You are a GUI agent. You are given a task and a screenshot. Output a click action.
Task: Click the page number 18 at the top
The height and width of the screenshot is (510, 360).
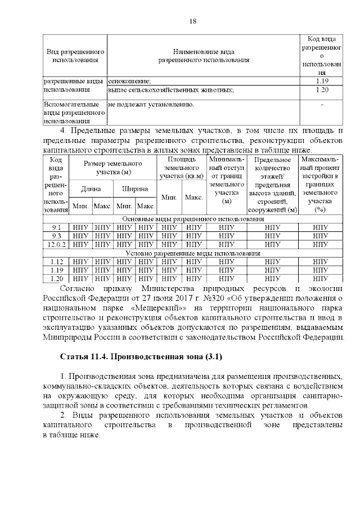tap(192, 21)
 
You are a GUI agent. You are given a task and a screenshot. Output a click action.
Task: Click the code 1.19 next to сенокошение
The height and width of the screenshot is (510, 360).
tap(322, 82)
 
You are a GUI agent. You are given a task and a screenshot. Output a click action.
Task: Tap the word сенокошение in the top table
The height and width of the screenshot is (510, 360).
tap(129, 82)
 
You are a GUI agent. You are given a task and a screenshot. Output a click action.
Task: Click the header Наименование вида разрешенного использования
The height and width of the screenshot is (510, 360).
tap(203, 55)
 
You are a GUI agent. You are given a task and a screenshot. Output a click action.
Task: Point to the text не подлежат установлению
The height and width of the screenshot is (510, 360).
tap(151, 105)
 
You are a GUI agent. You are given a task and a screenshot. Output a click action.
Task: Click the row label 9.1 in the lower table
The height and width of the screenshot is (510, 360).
tap(56, 227)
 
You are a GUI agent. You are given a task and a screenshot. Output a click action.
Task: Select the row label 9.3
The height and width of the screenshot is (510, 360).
tap(56, 236)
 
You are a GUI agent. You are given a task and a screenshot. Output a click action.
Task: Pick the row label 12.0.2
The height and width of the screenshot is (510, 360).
tap(56, 244)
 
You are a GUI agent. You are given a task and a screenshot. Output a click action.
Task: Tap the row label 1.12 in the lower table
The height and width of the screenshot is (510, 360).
tap(56, 262)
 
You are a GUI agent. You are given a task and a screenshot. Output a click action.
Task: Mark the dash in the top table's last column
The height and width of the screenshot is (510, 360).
tap(322, 105)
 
